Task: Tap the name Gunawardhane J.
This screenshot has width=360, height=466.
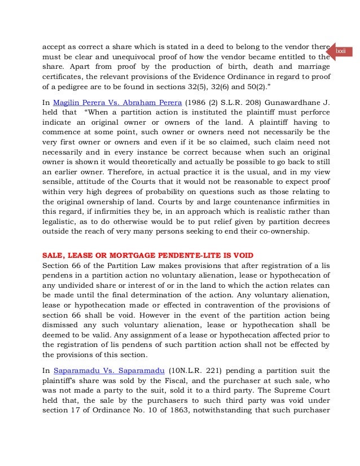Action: coord(297,102)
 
